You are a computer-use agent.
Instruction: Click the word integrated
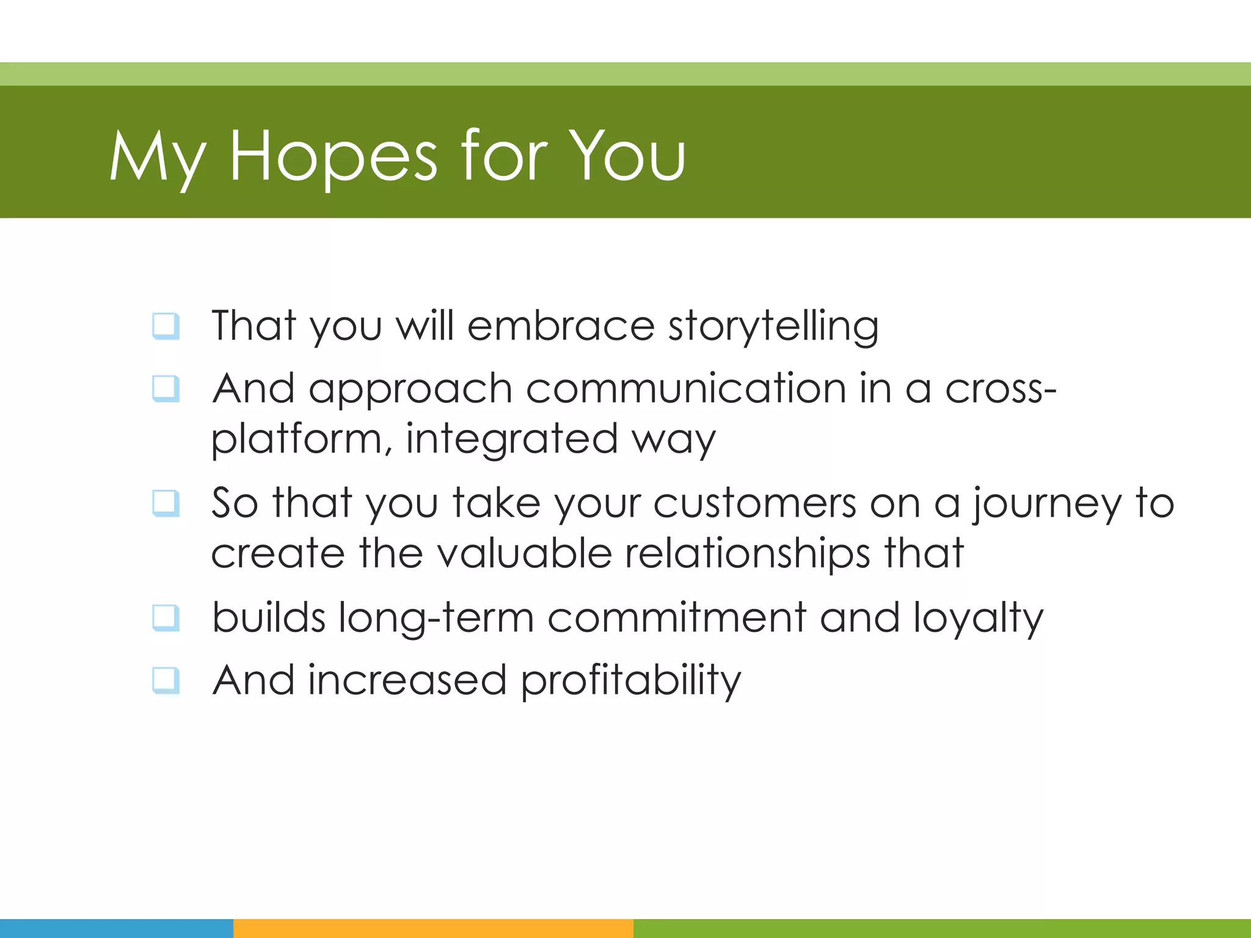(512, 439)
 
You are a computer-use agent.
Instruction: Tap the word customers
(755, 503)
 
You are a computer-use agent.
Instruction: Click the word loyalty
(979, 619)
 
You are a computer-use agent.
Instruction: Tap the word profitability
(630, 681)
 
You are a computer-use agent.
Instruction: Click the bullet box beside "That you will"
(166, 325)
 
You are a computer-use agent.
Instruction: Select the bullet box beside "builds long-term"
(166, 617)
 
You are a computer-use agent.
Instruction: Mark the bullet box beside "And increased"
(166, 680)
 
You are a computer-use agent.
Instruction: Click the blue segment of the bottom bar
(116, 928)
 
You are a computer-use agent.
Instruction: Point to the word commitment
(677, 617)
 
